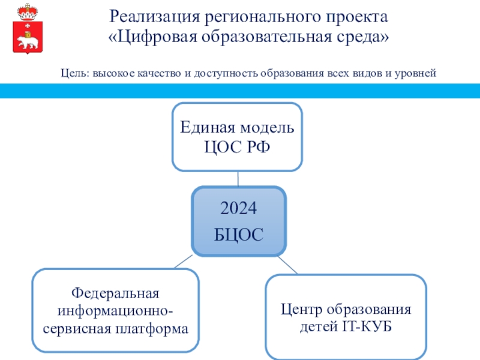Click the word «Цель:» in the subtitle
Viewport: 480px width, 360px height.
coord(75,73)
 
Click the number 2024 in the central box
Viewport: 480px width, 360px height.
coord(238,208)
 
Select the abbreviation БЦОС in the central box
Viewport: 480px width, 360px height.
coord(238,235)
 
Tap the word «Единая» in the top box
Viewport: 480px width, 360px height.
coord(208,128)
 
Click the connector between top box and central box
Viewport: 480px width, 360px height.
coord(238,179)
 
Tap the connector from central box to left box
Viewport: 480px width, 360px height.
coord(183,262)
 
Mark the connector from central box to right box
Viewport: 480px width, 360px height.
coord(288,265)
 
